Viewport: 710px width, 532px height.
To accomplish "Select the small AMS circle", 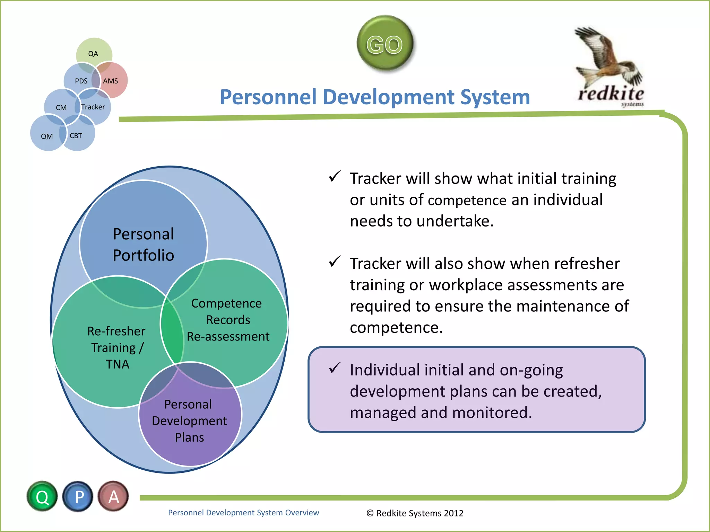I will tap(112, 81).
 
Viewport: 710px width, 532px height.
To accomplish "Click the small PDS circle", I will tap(80, 81).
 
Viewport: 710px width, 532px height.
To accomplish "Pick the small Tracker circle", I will tap(94, 107).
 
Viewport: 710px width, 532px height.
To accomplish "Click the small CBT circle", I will tap(77, 136).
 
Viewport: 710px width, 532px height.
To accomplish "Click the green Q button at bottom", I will tap(42, 497).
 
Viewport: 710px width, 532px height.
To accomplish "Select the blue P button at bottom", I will tap(78, 497).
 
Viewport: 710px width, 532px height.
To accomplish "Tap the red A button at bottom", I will tap(114, 497).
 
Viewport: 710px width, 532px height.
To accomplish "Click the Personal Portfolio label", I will tap(143, 245).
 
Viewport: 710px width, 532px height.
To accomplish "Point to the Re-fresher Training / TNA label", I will tap(116, 347).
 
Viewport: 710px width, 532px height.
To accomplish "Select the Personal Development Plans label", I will tap(189, 420).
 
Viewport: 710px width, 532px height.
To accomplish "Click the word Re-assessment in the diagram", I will tap(228, 336).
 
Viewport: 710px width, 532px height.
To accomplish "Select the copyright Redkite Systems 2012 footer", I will tap(415, 513).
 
